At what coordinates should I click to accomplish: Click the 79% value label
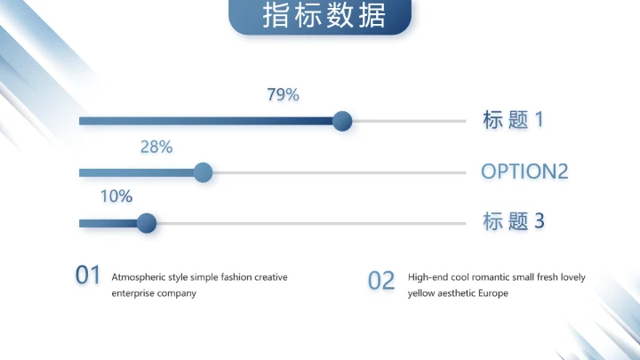click(283, 95)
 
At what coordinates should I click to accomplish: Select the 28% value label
click(156, 147)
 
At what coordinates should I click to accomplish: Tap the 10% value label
click(116, 196)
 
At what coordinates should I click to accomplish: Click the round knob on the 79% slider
click(341, 122)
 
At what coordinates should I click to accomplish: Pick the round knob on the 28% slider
click(203, 172)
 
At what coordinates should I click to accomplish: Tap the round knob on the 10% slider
click(147, 223)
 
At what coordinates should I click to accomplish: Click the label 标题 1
click(513, 121)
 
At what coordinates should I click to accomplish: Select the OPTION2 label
click(524, 172)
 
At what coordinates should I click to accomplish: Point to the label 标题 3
click(513, 222)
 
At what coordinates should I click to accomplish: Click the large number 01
click(88, 276)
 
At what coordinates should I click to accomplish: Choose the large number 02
click(380, 281)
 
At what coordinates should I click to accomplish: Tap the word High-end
click(428, 277)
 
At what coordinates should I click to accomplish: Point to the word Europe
click(493, 293)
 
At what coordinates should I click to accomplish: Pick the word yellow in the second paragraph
click(421, 293)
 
